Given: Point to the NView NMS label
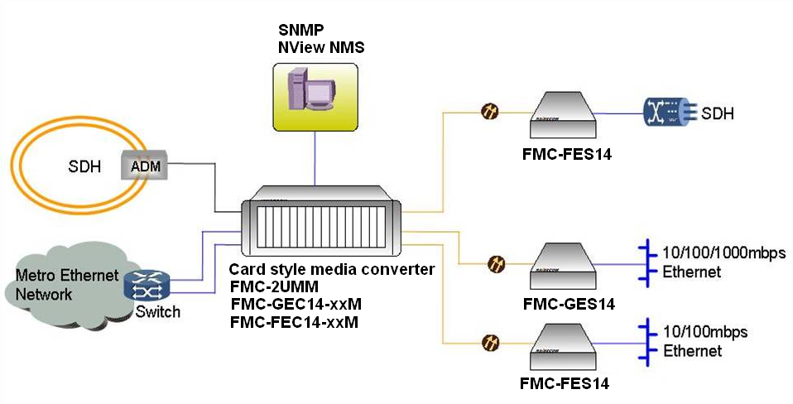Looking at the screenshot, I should coord(321,48).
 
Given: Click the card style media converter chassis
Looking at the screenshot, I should coord(323,226).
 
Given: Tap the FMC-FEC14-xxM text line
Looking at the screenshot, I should coord(294,321).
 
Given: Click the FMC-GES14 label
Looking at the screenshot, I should coord(570,304).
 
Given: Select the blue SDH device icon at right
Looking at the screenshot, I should coord(668,113).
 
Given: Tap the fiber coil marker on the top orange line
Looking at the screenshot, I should coord(489,110).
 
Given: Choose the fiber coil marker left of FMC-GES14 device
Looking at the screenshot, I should coord(496,264).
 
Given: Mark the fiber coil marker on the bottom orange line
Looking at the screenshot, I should coord(490,341).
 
